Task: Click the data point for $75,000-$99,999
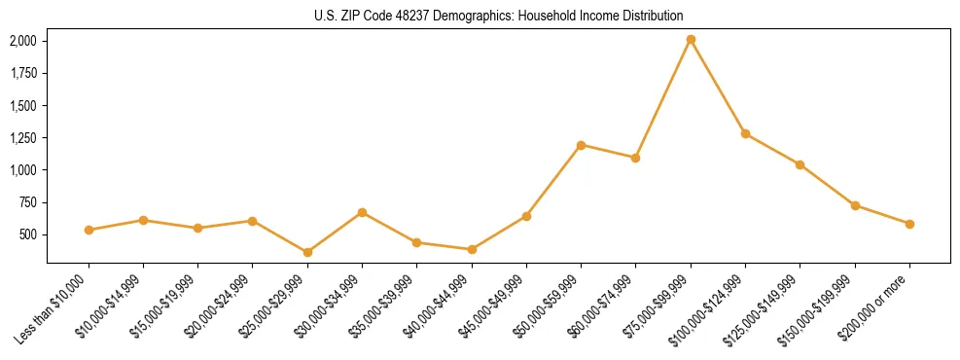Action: pyautogui.click(x=691, y=40)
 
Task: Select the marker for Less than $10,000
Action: pyautogui.click(x=89, y=231)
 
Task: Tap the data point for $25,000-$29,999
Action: pyautogui.click(x=307, y=253)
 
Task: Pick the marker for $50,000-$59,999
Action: pyautogui.click(x=581, y=145)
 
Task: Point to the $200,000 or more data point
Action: pyautogui.click(x=909, y=224)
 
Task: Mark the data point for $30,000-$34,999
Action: pyautogui.click(x=362, y=212)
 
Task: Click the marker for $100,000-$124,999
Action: pyautogui.click(x=745, y=133)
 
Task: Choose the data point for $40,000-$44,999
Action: pyautogui.click(x=472, y=250)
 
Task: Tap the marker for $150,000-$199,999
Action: pyautogui.click(x=855, y=205)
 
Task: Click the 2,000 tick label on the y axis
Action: pyautogui.click(x=22, y=41)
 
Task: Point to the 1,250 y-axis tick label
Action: pyautogui.click(x=22, y=138)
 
